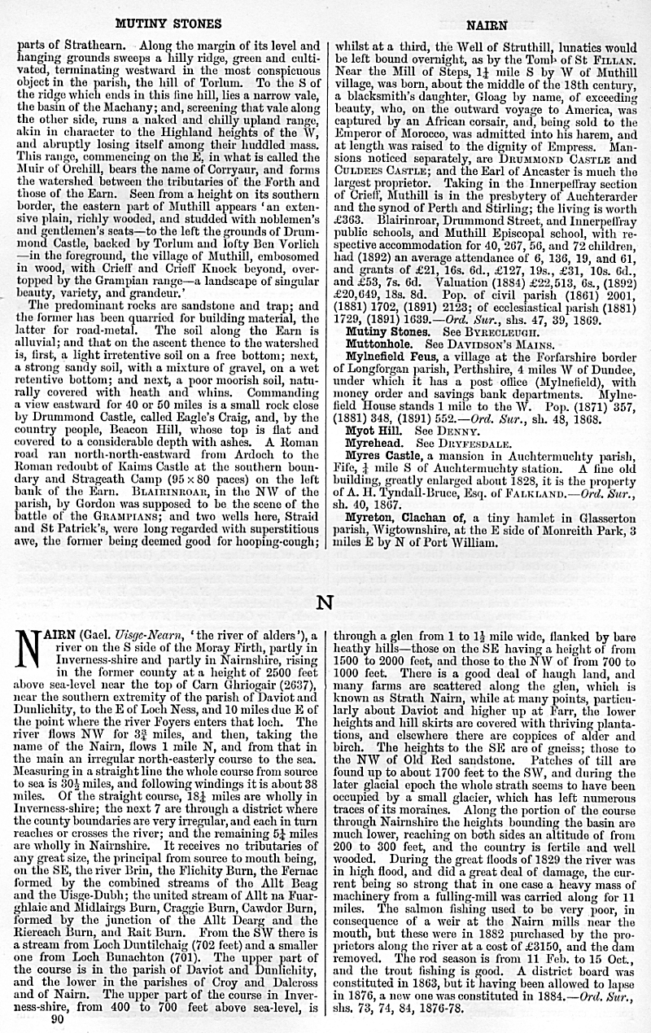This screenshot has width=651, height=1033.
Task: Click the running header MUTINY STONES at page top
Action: click(x=169, y=24)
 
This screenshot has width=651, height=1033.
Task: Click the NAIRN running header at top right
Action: click(x=491, y=25)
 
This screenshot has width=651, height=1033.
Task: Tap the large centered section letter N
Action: click(x=325, y=603)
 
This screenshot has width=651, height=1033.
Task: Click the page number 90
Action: click(x=57, y=1018)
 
